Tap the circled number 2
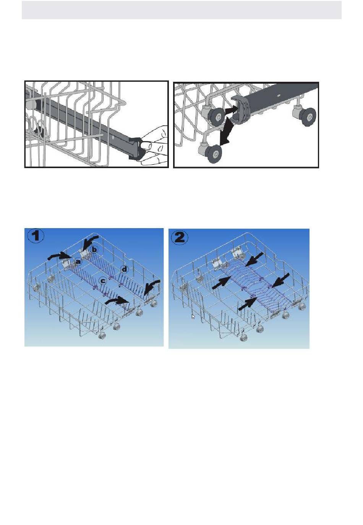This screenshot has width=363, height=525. pos(179,238)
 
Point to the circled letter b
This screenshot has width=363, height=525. pos(94,250)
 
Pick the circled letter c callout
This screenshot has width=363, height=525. pos(102,280)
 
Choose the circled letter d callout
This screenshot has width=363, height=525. pos(124,270)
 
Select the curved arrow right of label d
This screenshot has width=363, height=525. pos(152,287)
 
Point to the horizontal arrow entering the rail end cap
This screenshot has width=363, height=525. pos(232,109)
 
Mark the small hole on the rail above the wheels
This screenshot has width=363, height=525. pos(278,96)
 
